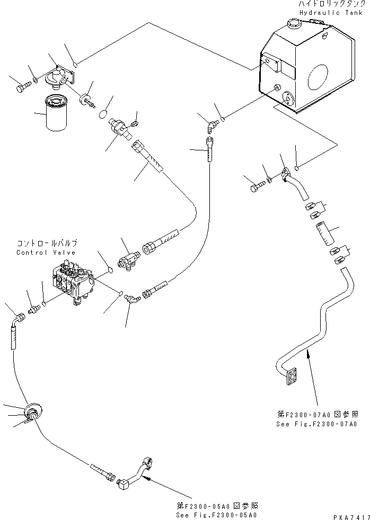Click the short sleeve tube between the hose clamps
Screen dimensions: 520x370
click(x=324, y=232)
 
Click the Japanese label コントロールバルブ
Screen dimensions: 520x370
click(x=47, y=243)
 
